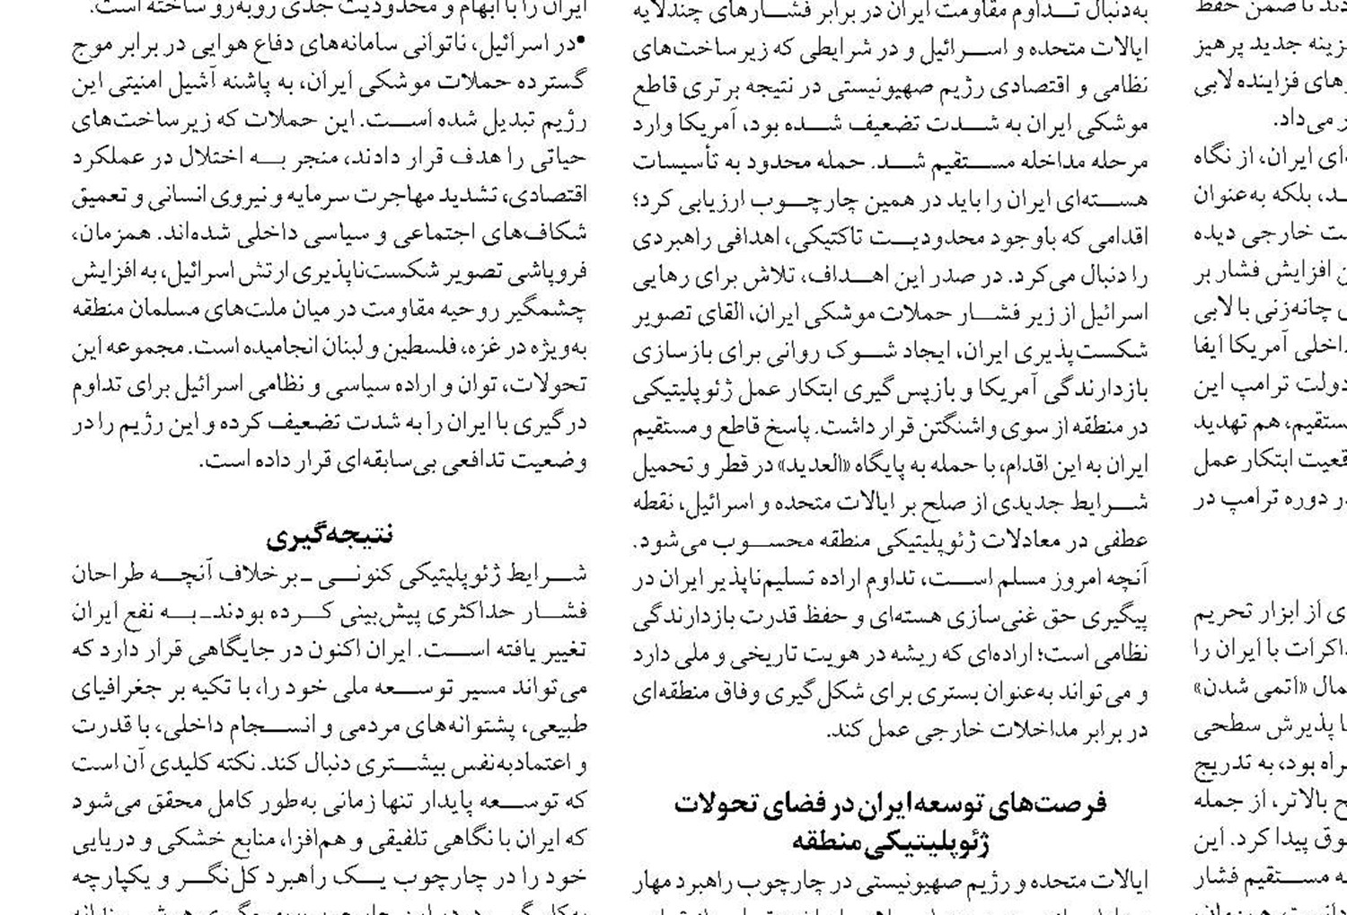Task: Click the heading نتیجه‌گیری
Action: point(330,536)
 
